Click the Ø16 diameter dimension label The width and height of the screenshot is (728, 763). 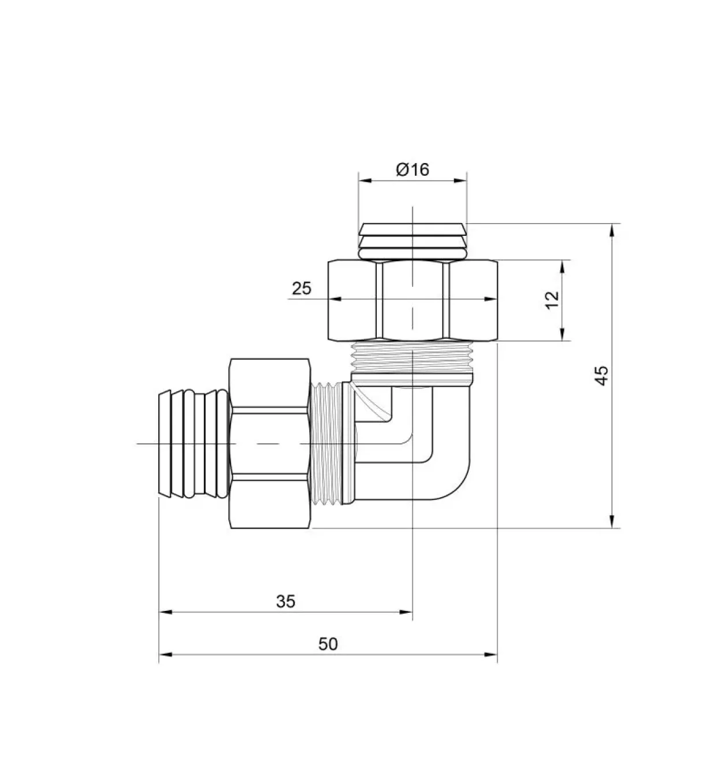tap(413, 169)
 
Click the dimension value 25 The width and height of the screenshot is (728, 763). tap(302, 288)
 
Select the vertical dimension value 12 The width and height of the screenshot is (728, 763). tap(552, 299)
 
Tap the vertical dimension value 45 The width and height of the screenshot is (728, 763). tap(602, 375)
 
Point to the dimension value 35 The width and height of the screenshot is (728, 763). tap(285, 601)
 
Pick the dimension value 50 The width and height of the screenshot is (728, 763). tap(328, 644)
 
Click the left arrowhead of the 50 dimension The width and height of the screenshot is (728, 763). tap(165, 654)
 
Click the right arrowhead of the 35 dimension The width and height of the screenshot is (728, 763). tap(406, 612)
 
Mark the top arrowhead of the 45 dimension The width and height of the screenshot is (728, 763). tap(612, 229)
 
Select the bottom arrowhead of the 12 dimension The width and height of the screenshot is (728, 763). tap(562, 335)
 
